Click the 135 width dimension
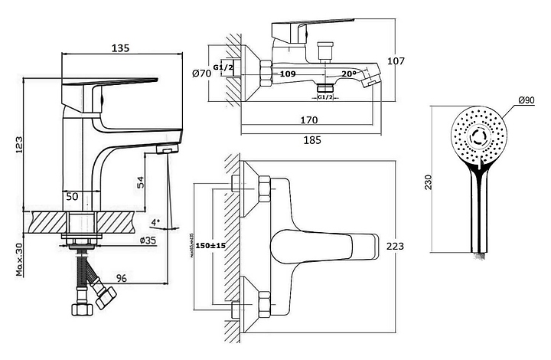(119, 47)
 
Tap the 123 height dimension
(18, 144)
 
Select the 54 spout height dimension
(140, 182)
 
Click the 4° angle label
(156, 222)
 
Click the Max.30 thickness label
(18, 260)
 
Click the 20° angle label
(350, 74)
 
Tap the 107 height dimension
(395, 61)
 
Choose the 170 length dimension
(309, 119)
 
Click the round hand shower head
(478, 136)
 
